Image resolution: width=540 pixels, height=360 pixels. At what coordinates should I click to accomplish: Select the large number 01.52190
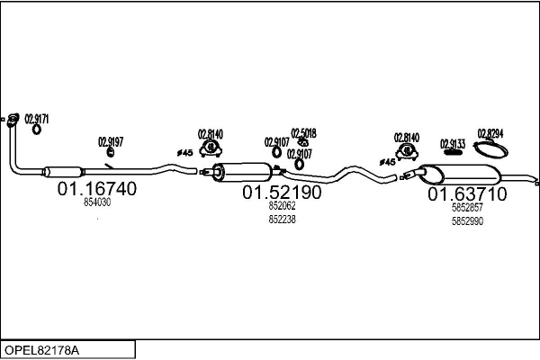tap(282, 192)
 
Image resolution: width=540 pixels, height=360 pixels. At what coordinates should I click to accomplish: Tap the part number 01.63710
tap(466, 193)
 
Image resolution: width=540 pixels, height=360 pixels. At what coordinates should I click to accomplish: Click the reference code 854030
tap(97, 203)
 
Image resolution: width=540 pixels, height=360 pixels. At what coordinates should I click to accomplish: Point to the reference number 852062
tap(282, 206)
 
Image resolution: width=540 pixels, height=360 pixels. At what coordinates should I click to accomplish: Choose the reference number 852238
tap(282, 219)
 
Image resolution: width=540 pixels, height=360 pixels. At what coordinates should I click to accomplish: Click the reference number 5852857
tap(466, 208)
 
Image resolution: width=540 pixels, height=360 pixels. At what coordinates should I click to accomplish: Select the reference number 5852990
tap(466, 220)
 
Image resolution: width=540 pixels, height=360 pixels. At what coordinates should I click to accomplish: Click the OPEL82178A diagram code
tap(40, 348)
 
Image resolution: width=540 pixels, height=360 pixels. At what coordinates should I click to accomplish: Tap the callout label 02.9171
tap(37, 117)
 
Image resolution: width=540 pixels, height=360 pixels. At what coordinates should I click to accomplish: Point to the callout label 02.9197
tap(111, 141)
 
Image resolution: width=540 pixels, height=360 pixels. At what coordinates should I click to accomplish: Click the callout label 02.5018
tap(303, 132)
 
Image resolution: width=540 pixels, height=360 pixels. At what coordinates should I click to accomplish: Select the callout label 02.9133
tap(453, 143)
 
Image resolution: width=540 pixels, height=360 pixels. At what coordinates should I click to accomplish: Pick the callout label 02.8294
tap(490, 133)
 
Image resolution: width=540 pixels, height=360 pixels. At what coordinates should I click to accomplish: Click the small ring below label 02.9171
tap(37, 129)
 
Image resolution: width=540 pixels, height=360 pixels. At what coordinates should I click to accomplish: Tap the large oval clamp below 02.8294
tap(490, 150)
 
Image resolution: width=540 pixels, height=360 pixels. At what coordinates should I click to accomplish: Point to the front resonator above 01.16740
tap(62, 171)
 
